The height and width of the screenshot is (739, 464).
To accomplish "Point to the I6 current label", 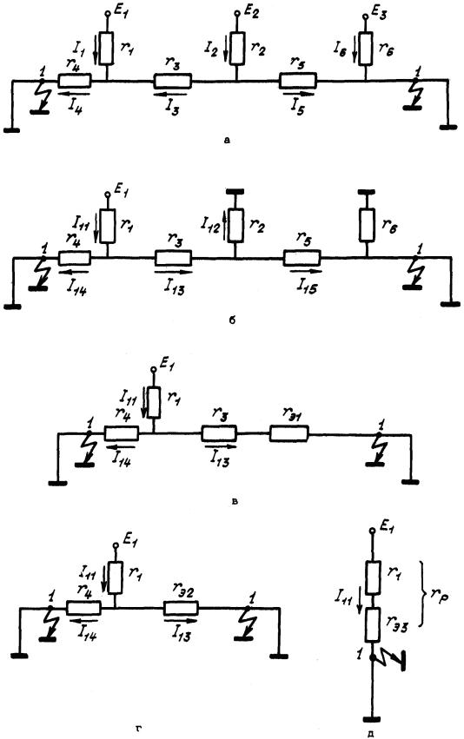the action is pyautogui.click(x=341, y=47).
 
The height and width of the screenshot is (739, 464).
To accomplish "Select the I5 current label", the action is pyautogui.click(x=297, y=110).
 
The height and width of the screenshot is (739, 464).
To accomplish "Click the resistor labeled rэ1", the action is pyautogui.click(x=289, y=433).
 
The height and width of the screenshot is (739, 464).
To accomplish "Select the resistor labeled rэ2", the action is pyautogui.click(x=182, y=609).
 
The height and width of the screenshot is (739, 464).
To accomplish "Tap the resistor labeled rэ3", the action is pyautogui.click(x=373, y=625).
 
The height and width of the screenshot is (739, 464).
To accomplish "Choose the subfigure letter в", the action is pyautogui.click(x=235, y=500).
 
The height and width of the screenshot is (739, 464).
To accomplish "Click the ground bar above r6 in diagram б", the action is pyautogui.click(x=367, y=192).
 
